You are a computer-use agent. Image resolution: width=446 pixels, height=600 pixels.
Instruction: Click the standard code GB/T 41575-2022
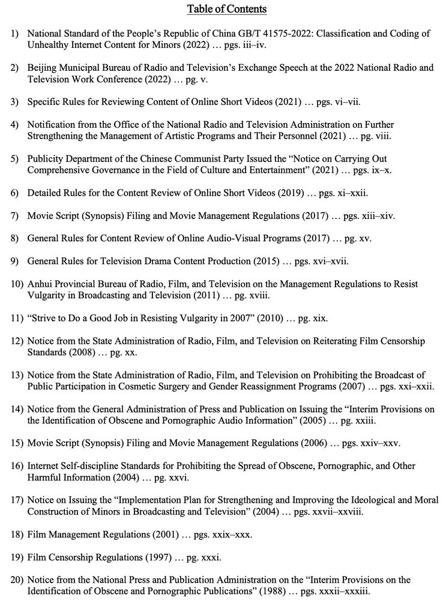(269, 34)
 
